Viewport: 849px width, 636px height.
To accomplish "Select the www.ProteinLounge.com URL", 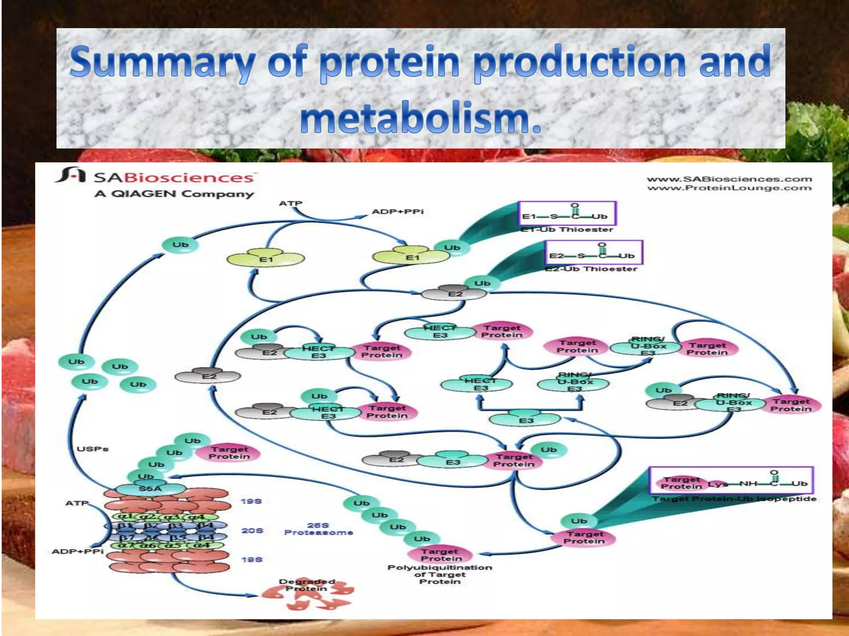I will click(729, 188).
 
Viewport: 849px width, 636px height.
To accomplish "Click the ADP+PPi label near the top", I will click(398, 212).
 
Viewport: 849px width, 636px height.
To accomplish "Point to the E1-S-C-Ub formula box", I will click(567, 214).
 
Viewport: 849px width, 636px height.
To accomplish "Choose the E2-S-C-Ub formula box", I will click(593, 253).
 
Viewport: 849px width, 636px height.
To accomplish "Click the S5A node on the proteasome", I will click(150, 489).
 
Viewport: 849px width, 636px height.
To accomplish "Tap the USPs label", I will click(92, 449).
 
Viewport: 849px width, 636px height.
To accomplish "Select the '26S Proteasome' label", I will click(318, 529).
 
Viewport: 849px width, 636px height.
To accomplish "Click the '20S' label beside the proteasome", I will click(252, 530).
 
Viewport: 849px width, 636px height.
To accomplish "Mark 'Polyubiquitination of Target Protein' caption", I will click(439, 574).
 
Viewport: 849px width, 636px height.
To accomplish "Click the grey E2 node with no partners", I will click(208, 376).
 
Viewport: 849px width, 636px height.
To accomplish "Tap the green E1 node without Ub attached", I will click(265, 258).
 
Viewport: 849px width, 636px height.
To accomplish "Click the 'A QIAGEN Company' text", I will click(174, 194).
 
